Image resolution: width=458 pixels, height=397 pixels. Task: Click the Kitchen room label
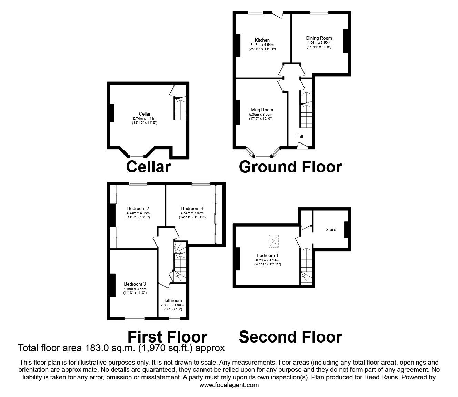coord(262,40)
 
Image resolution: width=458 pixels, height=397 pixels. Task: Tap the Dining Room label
coord(319,38)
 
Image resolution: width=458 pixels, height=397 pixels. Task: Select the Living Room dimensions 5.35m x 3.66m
coord(260,115)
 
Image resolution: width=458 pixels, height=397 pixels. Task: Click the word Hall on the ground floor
coord(299,137)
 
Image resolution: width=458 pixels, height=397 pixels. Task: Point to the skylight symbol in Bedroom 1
coord(274,241)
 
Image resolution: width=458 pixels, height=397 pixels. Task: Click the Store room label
coord(330,230)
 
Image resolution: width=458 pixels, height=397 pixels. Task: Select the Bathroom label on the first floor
coord(172,301)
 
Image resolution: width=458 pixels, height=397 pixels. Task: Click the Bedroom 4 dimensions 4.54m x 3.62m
coord(192,213)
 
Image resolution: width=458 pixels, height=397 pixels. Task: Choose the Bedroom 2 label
coord(138,208)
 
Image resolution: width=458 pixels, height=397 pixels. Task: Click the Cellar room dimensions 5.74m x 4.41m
coord(145,119)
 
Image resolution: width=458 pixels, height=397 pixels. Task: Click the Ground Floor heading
coord(290,167)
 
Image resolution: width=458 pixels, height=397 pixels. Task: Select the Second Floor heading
coord(290,337)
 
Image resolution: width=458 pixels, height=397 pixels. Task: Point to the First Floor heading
coord(167,337)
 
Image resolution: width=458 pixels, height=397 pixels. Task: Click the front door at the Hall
coord(302,147)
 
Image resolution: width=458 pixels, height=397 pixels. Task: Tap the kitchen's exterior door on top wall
coord(277,14)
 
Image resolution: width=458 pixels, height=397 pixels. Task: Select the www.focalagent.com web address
coord(229,385)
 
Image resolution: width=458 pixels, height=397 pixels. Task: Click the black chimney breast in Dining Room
coord(346,41)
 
